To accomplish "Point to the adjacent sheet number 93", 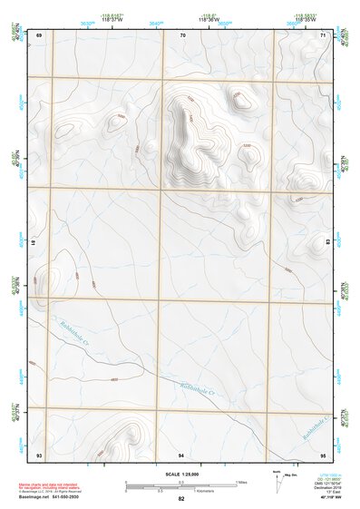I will tap(39, 453).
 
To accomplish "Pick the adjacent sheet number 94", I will tap(181, 453).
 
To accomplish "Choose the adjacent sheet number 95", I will tap(325, 453).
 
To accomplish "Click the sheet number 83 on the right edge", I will tap(327, 243).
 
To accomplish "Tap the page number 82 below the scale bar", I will tap(181, 499).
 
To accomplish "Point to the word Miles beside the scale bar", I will tap(241, 482).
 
